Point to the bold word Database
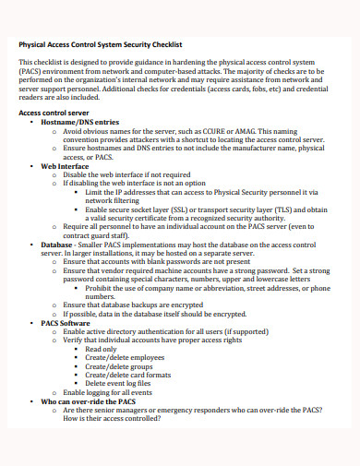tap(58, 244)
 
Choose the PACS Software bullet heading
tap(66, 323)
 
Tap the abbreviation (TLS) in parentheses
tap(277, 209)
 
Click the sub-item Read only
tap(101, 350)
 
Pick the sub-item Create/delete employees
tap(119, 358)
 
